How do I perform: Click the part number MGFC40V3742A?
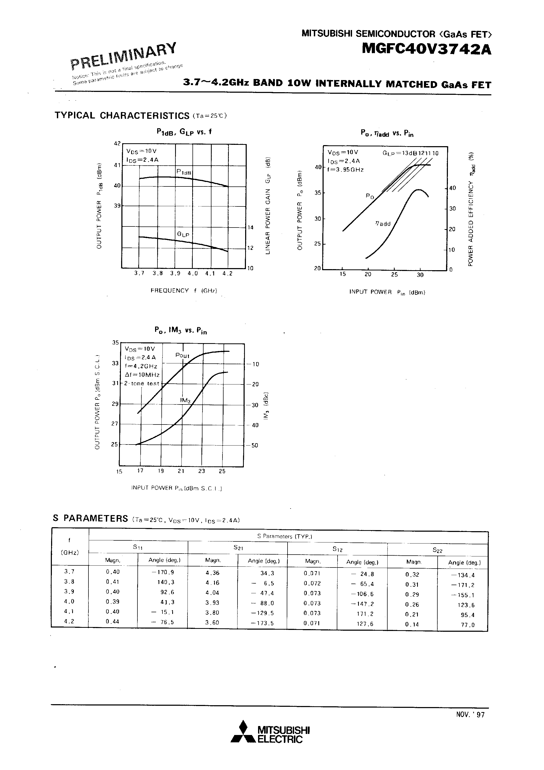pos(427,49)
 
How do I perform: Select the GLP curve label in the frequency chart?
pos(183,234)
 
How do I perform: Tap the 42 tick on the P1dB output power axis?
pos(117,144)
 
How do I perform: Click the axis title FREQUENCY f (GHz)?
pos(184,290)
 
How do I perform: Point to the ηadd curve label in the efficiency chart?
pos(383,224)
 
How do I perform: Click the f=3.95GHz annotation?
pos(346,170)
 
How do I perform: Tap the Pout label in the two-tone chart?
pos(182,356)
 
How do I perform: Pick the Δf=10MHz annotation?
pos(142,375)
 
